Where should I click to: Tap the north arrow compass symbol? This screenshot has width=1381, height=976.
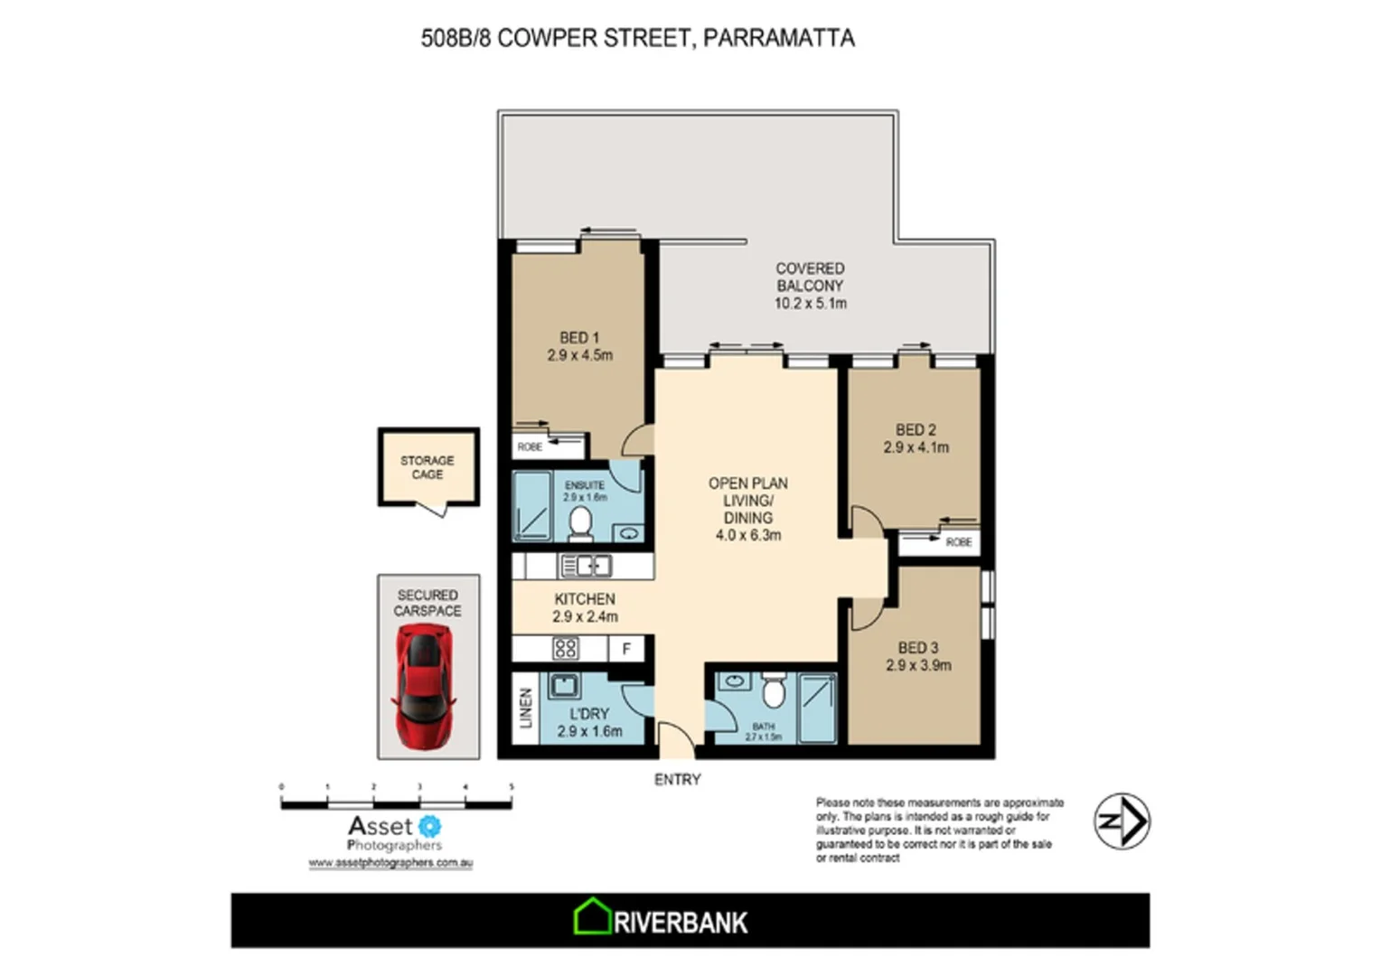(x=1122, y=821)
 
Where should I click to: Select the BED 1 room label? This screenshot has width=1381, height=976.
(x=578, y=337)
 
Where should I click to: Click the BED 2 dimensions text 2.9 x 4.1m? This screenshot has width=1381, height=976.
(x=916, y=447)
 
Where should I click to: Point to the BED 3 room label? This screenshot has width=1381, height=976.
(x=917, y=647)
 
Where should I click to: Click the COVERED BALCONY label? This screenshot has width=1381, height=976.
(x=810, y=277)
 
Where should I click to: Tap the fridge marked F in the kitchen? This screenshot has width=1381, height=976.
(x=625, y=649)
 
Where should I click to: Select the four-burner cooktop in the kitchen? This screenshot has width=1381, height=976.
(x=566, y=648)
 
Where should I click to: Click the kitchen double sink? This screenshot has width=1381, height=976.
(x=586, y=567)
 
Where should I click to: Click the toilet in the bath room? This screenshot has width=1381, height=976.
(x=773, y=692)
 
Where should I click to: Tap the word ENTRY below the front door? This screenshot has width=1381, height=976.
(x=677, y=779)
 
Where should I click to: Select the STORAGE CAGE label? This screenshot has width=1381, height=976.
(x=427, y=467)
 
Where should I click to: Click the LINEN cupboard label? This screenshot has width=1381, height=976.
(x=526, y=708)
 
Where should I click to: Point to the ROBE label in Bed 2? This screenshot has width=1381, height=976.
(x=958, y=542)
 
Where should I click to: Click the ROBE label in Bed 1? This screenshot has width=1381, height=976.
(x=530, y=446)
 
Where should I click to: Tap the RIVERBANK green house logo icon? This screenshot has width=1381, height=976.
(x=593, y=917)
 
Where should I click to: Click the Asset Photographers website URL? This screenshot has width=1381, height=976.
(x=390, y=863)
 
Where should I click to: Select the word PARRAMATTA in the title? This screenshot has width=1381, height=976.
(x=778, y=38)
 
